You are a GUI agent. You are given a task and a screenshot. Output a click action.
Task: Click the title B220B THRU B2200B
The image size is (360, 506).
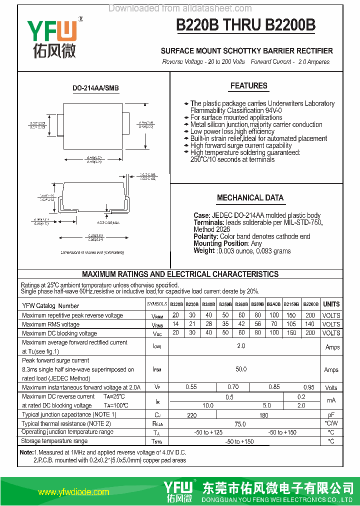(245, 25)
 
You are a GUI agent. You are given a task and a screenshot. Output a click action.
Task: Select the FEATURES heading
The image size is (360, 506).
(248, 86)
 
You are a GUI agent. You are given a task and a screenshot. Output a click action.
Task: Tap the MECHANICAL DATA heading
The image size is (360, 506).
(250, 198)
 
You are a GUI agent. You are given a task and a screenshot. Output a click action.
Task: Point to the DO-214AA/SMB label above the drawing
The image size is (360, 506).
(95, 88)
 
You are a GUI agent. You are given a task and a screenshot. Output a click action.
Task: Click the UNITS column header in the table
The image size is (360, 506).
(331, 304)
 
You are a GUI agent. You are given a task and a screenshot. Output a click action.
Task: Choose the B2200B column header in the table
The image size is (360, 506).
(310, 304)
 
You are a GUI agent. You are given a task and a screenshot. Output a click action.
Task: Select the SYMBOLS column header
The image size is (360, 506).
(157, 304)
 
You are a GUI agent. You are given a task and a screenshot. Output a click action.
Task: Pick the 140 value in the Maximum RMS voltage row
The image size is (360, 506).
(310, 324)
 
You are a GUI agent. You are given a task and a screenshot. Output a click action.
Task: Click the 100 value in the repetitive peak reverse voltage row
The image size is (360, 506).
(274, 315)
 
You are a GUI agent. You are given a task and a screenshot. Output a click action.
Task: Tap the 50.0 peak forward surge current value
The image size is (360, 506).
(241, 369)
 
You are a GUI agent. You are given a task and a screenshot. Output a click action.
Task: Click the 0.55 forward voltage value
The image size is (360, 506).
(191, 387)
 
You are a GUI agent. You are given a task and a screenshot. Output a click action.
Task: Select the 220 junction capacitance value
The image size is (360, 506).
(191, 415)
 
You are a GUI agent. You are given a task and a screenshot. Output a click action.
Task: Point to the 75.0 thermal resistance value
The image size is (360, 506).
(240, 423)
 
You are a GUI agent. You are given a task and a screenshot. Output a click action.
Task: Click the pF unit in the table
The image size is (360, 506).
(331, 415)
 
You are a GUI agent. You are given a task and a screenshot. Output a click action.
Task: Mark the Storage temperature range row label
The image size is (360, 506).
(55, 441)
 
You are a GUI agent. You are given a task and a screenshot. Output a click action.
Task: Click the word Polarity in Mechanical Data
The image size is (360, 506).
(205, 236)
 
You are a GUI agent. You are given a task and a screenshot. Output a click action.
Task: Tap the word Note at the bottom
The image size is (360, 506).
(26, 452)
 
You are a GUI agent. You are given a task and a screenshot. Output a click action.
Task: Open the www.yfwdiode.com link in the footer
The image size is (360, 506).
(73, 492)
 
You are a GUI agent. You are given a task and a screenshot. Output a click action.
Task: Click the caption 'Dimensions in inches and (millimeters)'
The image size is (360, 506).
(92, 253)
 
